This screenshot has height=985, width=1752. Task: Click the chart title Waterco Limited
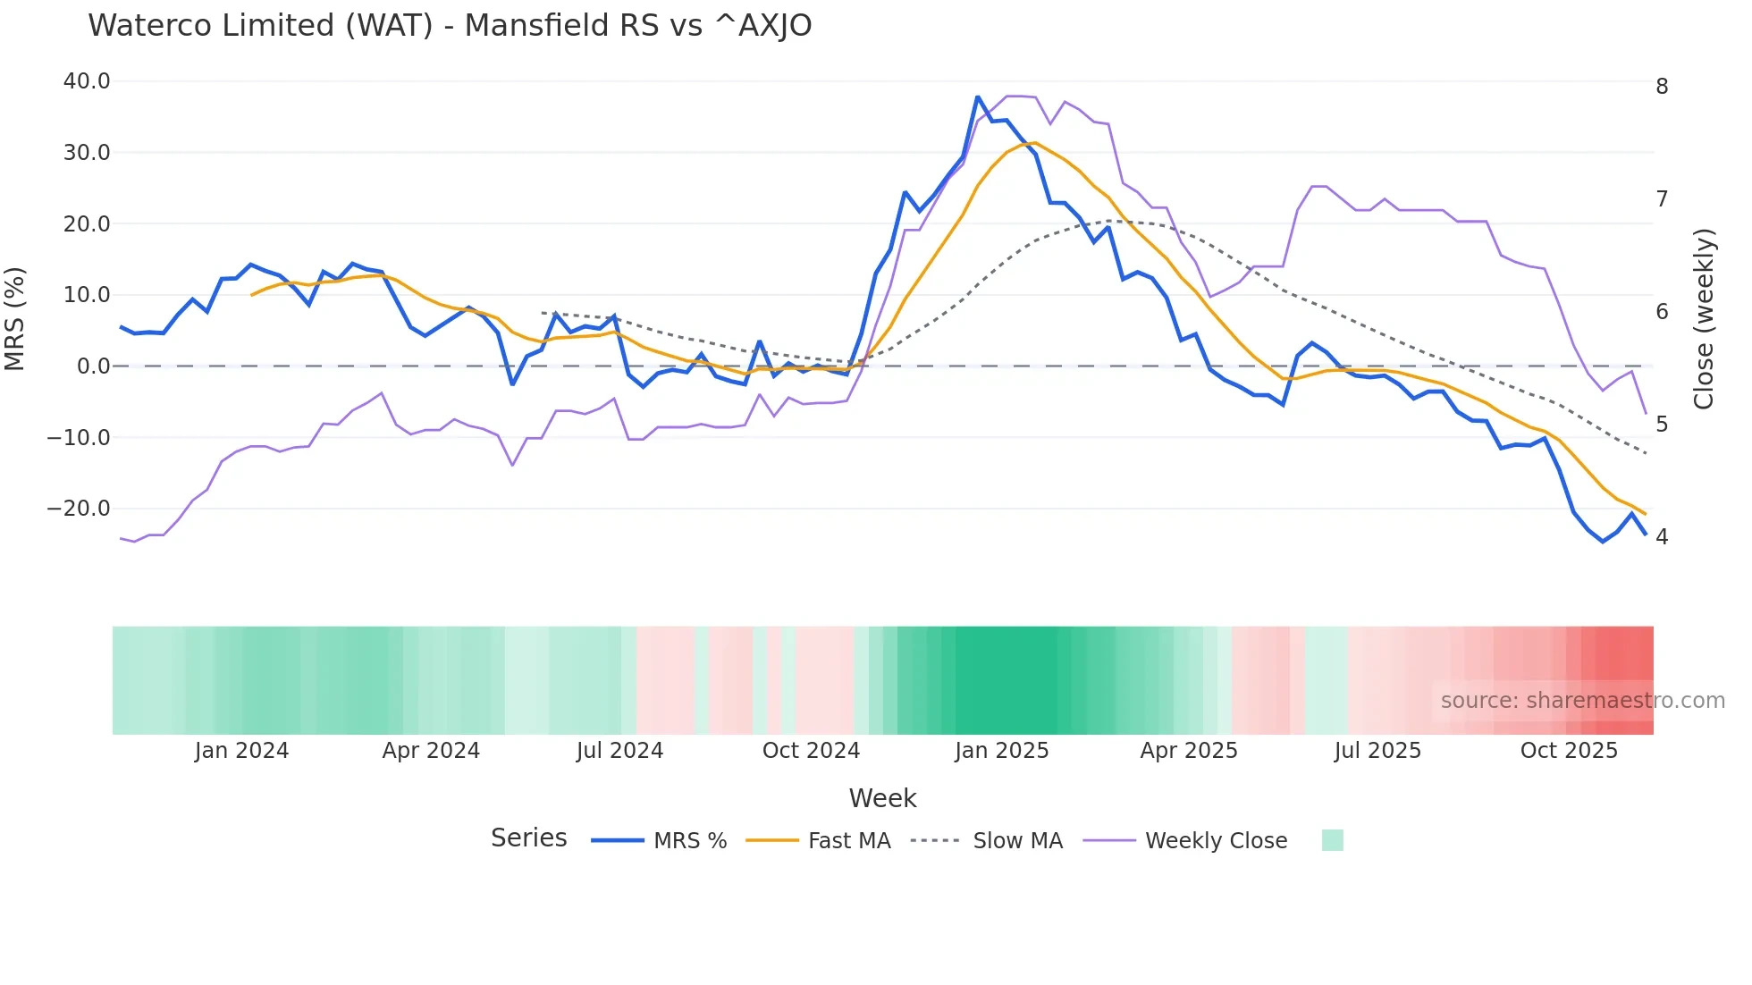coord(450,26)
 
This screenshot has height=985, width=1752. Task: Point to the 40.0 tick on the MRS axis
coord(87,81)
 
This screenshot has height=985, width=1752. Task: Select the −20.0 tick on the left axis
coord(79,509)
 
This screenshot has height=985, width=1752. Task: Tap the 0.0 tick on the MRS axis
coord(93,366)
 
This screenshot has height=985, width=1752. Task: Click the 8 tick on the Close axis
coord(1662,87)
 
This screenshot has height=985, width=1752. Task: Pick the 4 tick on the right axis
coord(1662,537)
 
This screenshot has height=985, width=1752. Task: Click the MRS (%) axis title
coord(15,318)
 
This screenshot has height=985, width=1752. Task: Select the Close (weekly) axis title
coord(1704,318)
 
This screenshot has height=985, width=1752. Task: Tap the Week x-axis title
coord(882,798)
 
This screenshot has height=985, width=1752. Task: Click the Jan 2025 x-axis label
coord(1001,751)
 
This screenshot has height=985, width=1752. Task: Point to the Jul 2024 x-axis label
coord(619,751)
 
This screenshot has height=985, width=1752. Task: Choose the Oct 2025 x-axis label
coord(1569,751)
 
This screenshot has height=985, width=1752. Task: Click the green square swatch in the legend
coord(1332,840)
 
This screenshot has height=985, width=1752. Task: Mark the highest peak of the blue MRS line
coord(978,97)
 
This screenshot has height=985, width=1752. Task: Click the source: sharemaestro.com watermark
coord(1582,701)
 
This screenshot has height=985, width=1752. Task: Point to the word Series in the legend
coord(528,838)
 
